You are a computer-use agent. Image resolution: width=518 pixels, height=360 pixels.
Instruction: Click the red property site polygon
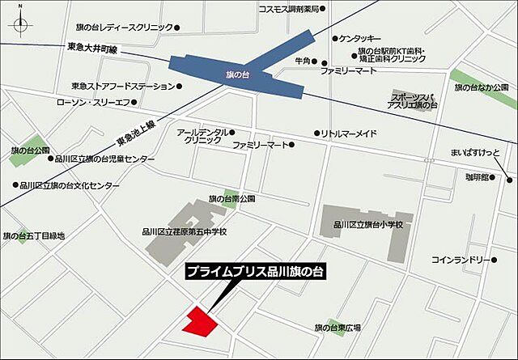point(200,321)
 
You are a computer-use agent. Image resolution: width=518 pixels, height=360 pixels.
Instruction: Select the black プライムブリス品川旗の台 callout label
point(254,273)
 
